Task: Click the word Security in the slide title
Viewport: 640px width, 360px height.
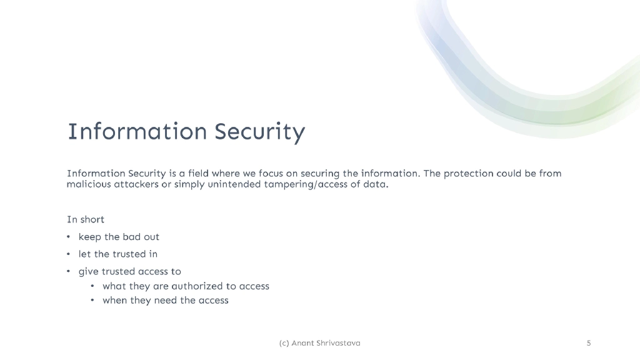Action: click(x=259, y=132)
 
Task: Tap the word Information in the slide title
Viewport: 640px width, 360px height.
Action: click(x=137, y=132)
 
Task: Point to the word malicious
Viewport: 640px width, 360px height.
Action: click(x=89, y=185)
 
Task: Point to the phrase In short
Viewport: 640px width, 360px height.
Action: click(x=86, y=219)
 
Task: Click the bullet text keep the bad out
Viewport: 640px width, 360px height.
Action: click(x=119, y=237)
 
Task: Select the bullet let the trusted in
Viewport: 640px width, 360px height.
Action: click(x=117, y=254)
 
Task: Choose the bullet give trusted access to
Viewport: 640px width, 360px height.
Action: click(x=129, y=271)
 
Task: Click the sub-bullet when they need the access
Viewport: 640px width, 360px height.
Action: click(x=165, y=301)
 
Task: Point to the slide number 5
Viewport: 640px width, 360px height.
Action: click(x=589, y=343)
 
